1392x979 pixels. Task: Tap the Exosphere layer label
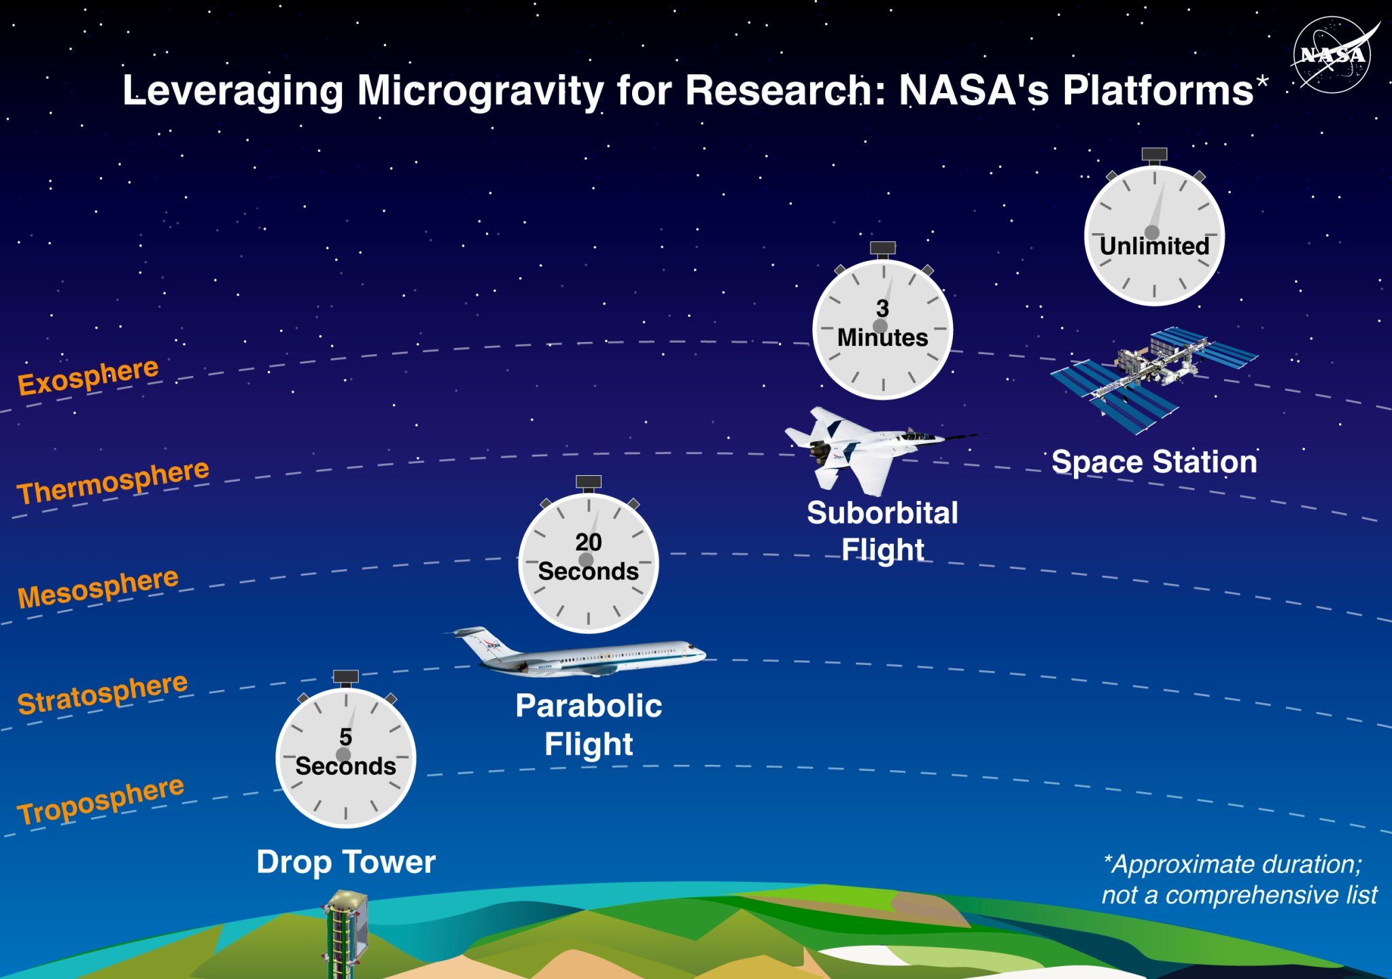[88, 376]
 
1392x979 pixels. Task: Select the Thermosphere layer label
[113, 481]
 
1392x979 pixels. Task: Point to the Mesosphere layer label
[98, 588]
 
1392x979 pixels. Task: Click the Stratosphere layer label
[102, 693]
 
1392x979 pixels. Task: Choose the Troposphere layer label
[101, 800]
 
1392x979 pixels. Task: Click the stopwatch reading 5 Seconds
[345, 757]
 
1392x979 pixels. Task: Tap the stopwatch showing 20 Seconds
[588, 563]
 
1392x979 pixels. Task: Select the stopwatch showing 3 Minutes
[882, 329]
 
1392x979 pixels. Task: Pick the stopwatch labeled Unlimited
[1153, 235]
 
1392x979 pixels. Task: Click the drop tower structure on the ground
[346, 938]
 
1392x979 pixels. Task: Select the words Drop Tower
[345, 862]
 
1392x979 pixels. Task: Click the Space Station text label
[1153, 462]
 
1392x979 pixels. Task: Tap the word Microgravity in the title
[480, 90]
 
